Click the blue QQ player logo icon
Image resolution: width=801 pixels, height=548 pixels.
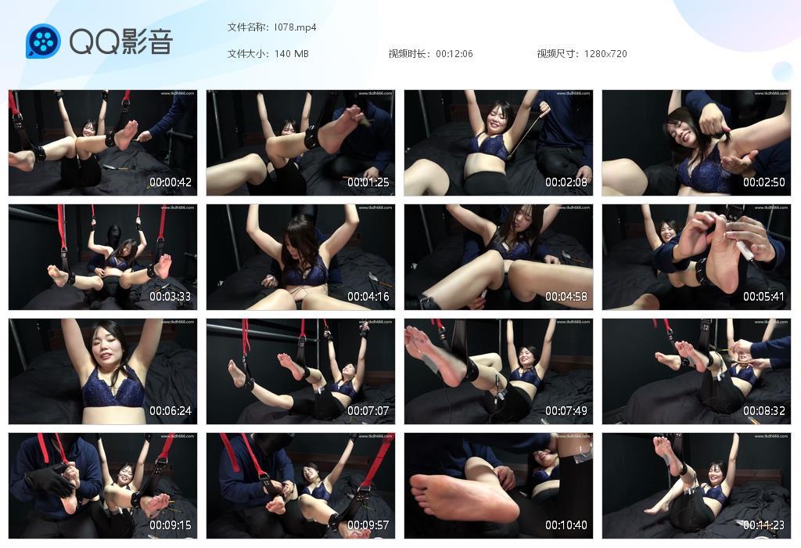[x=43, y=41]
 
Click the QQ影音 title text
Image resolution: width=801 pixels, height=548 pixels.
[x=120, y=41]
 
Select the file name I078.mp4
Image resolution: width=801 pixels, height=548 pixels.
[x=295, y=27]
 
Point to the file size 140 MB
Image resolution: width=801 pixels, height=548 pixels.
[x=292, y=54]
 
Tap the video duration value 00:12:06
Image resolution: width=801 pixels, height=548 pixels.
[x=454, y=54]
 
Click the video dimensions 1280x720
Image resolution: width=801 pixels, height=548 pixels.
[x=605, y=54]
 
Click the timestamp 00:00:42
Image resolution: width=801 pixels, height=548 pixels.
[x=171, y=182]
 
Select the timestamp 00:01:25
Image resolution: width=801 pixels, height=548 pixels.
[x=368, y=182]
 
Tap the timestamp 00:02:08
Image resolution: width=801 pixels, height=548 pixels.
[x=566, y=182]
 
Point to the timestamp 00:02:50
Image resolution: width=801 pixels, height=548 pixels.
[x=764, y=182]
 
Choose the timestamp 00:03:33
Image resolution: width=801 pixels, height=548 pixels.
[x=171, y=297]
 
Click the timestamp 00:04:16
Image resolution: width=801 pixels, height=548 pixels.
[x=368, y=297]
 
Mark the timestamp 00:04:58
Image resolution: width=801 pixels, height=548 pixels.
[x=566, y=297]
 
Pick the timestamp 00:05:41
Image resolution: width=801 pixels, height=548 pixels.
[x=764, y=297]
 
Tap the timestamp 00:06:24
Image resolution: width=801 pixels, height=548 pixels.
[x=171, y=411]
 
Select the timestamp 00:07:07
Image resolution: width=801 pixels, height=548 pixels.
[x=368, y=411]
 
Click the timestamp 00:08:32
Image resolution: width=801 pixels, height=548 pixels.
[x=764, y=411]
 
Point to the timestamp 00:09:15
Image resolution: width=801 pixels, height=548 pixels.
[x=171, y=525]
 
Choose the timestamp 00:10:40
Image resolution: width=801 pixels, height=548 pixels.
[x=566, y=525]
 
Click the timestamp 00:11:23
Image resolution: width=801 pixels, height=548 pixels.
[x=764, y=525]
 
